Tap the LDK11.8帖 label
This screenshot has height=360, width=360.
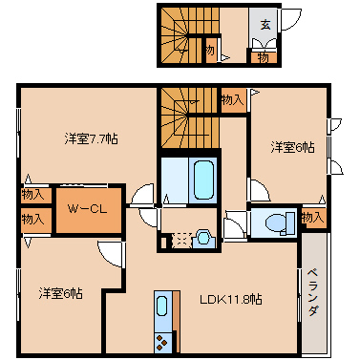pos(231,298)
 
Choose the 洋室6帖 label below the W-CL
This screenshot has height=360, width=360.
pos(60,292)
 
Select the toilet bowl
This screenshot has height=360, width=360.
pos(274,223)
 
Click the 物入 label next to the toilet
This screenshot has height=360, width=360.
pos(311,218)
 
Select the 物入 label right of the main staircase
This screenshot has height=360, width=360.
pos(232,97)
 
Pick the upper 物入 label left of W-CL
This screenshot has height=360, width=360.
pos(33,195)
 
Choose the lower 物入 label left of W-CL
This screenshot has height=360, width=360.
pos(33,219)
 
